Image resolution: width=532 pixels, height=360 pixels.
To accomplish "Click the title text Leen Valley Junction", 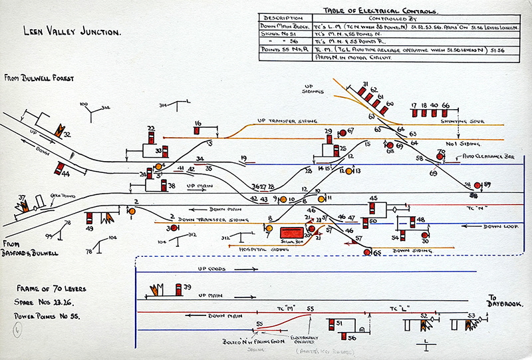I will [72, 31].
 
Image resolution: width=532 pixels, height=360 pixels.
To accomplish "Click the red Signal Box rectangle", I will [291, 232].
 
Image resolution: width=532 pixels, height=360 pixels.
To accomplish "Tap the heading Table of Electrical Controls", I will [380, 11].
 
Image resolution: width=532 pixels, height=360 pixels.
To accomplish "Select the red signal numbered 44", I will [60, 168].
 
